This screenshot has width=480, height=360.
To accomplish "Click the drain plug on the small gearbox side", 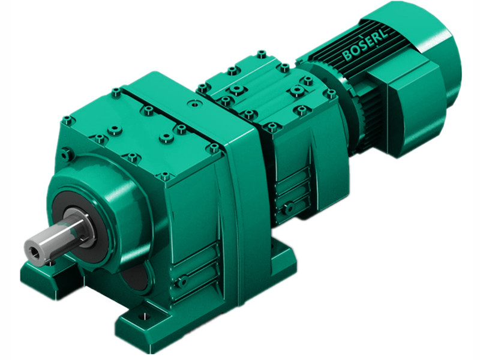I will [x=289, y=208].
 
